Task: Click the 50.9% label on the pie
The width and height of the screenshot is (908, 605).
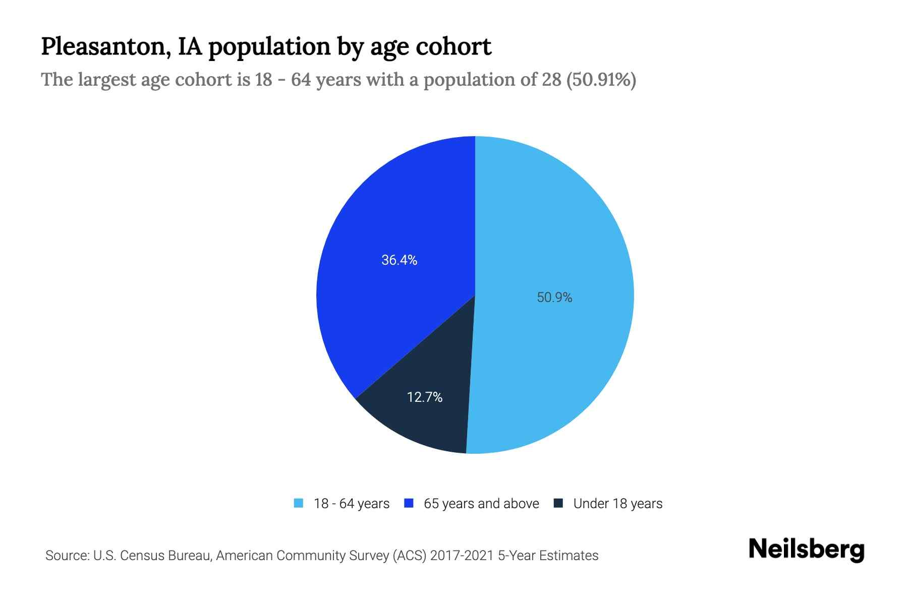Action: point(554,297)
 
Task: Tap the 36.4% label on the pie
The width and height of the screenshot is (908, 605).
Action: point(399,260)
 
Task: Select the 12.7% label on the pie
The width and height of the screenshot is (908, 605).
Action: point(425,397)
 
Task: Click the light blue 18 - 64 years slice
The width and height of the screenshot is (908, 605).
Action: point(555,227)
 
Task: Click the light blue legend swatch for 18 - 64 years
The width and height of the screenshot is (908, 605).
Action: point(299,503)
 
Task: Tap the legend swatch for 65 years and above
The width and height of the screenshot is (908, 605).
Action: point(409,503)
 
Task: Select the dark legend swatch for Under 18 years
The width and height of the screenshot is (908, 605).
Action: point(558,503)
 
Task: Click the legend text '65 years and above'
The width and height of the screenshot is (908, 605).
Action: point(481,504)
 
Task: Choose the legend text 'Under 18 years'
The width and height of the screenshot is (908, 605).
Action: point(617,504)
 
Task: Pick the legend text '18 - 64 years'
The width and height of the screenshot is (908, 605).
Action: point(352,504)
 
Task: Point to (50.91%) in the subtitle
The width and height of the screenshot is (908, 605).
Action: point(601,80)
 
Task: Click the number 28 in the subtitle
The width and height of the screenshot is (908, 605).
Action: point(552,80)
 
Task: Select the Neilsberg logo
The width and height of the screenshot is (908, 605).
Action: point(806,550)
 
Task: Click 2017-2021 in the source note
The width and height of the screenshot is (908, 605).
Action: point(462,556)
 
